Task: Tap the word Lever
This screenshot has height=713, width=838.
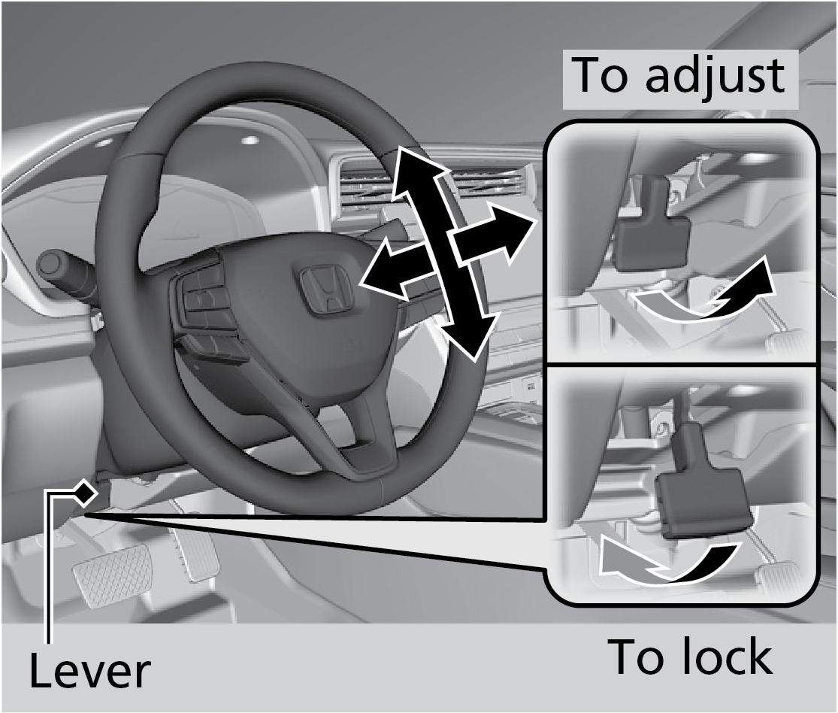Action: click(x=89, y=671)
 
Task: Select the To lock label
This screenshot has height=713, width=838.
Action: click(x=689, y=656)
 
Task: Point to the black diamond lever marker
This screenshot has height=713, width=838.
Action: click(x=86, y=493)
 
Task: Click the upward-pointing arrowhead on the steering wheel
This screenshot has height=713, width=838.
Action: click(x=410, y=169)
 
